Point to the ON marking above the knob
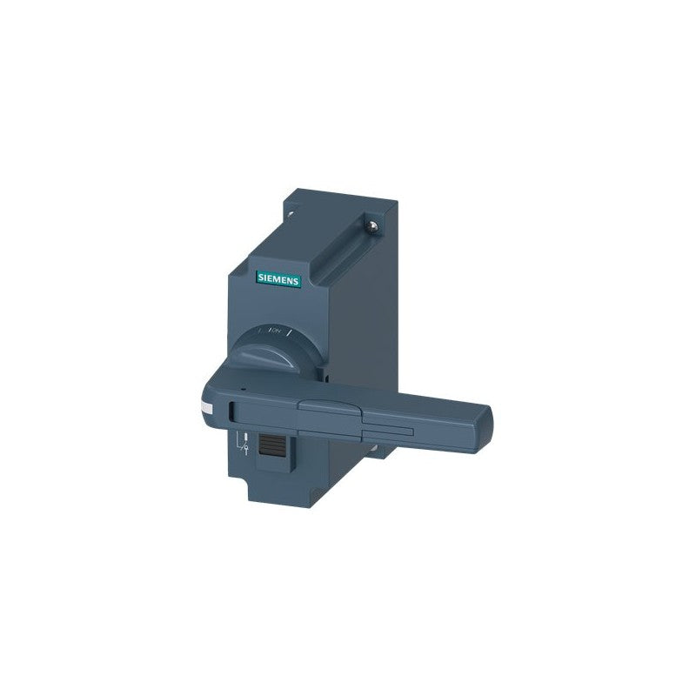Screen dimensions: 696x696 point(277,330)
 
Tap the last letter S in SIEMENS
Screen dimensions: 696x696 point(296,279)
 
